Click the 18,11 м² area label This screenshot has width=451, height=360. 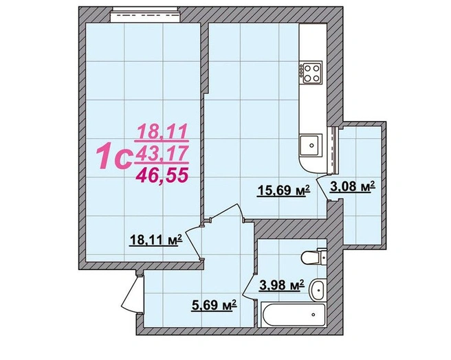pyautogui.click(x=156, y=240)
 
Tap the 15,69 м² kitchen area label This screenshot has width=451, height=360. pyautogui.click(x=283, y=190)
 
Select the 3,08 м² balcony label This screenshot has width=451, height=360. pyautogui.click(x=352, y=186)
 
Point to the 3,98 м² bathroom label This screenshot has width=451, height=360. pyautogui.click(x=282, y=285)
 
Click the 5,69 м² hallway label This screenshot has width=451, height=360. pyautogui.click(x=214, y=305)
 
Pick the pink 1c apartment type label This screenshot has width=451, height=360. pyautogui.click(x=115, y=157)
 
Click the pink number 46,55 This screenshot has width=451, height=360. pyautogui.click(x=162, y=175)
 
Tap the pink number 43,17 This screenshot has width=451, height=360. pyautogui.click(x=162, y=153)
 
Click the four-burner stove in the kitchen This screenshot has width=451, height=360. pyautogui.click(x=311, y=73)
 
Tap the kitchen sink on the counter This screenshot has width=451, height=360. pyautogui.click(x=309, y=145)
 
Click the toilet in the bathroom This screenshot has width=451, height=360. pyautogui.click(x=313, y=256)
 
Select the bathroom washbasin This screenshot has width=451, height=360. pyautogui.click(x=318, y=289)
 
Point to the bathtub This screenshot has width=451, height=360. pyautogui.click(x=294, y=315)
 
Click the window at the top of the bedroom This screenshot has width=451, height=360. pyautogui.click(x=146, y=14)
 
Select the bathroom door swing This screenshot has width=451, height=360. pyautogui.click(x=249, y=285)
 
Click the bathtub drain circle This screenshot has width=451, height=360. pyautogui.click(x=313, y=315)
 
